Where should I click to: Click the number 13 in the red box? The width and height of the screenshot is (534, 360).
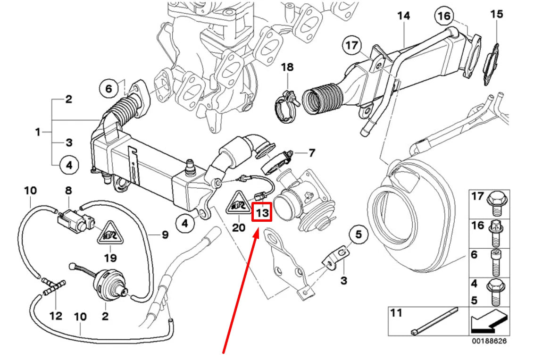click(262, 213)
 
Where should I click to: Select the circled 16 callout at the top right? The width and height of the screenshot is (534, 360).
click(443, 16)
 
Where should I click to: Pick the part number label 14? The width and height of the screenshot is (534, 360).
click(403, 16)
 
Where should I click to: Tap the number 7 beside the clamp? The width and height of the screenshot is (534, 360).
click(311, 153)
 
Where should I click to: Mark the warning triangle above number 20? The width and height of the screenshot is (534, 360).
click(239, 204)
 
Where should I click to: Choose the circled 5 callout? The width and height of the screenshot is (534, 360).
click(358, 234)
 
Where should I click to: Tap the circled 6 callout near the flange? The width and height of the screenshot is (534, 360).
click(108, 88)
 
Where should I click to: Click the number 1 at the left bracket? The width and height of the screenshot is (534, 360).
click(38, 132)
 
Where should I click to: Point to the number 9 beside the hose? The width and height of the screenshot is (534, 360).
click(165, 234)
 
